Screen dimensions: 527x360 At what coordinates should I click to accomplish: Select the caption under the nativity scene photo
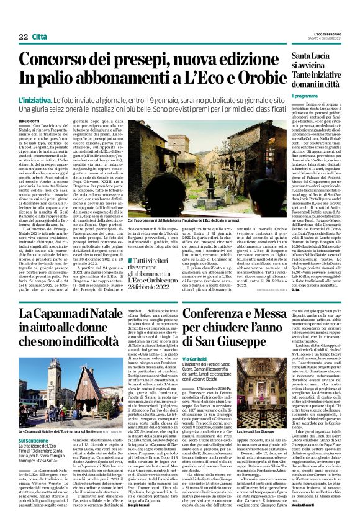pos(168,203)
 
